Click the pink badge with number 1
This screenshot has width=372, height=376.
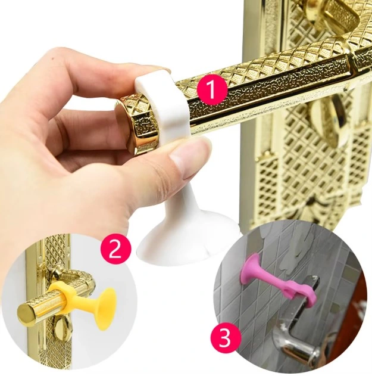point(210,91)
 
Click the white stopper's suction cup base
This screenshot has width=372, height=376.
point(179,241)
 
